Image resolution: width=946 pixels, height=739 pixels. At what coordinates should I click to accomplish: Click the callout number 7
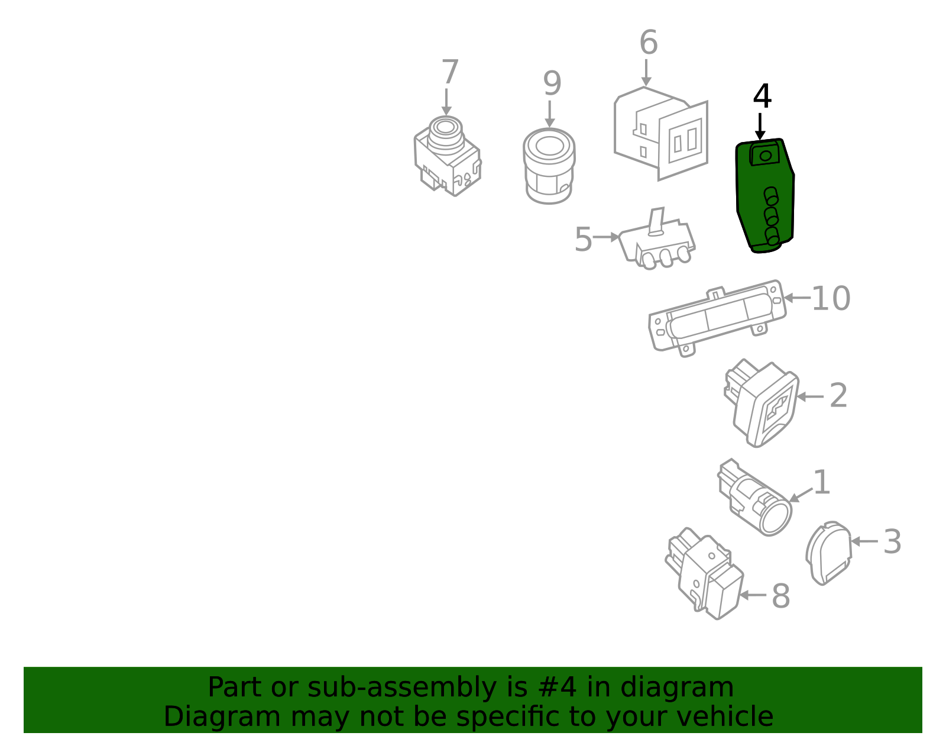tap(450, 72)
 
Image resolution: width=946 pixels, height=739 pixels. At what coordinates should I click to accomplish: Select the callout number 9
tap(552, 83)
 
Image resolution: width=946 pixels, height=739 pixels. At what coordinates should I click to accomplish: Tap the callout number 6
tap(649, 43)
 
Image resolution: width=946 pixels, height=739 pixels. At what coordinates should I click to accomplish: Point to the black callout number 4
tap(762, 96)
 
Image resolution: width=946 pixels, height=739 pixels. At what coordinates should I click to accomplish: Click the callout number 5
tap(584, 239)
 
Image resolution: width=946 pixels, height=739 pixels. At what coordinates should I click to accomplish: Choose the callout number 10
tap(831, 298)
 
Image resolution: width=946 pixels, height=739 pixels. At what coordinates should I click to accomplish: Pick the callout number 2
tap(838, 395)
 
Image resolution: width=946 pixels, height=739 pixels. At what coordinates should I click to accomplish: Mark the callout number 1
tap(822, 482)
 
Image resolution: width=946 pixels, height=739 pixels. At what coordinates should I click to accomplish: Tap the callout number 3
tap(892, 542)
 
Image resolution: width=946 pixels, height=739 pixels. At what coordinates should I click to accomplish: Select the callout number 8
tap(780, 596)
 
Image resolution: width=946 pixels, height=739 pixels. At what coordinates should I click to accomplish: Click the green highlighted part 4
tap(764, 196)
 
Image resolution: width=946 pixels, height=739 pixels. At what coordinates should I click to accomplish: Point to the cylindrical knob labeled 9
tap(549, 166)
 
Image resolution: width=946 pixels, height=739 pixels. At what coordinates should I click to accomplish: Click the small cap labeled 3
tap(829, 553)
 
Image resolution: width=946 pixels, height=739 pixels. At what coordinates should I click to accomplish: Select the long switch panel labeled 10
tap(717, 318)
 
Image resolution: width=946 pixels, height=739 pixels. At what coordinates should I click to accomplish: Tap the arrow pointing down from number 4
tap(760, 127)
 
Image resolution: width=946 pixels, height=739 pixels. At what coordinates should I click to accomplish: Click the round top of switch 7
tap(445, 127)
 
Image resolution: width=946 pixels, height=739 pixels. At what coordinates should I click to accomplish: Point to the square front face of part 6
tap(683, 140)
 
